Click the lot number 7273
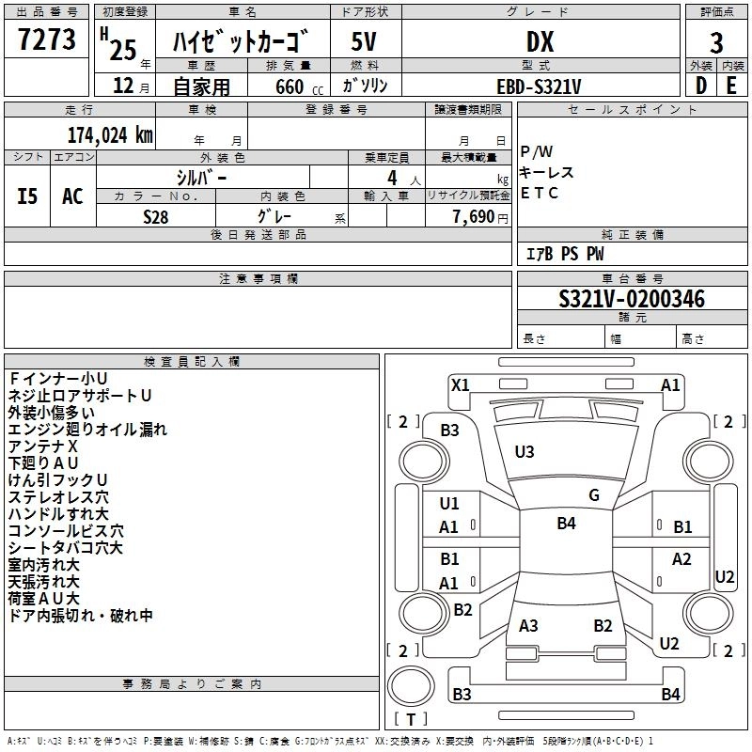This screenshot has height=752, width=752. [x=46, y=39]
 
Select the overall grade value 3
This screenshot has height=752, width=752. [x=716, y=43]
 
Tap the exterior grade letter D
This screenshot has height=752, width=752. [x=701, y=86]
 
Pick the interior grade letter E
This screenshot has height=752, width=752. [x=731, y=86]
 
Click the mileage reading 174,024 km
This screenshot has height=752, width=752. [x=110, y=135]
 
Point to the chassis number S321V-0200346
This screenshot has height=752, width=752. [x=632, y=299]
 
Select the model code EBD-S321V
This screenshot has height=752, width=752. [x=539, y=86]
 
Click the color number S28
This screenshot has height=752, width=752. [x=155, y=217]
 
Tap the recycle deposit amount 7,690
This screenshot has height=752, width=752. [x=473, y=217]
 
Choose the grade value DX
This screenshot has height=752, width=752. [x=540, y=41]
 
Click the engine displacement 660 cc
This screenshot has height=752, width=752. [x=299, y=86]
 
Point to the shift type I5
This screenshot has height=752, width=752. [x=27, y=196]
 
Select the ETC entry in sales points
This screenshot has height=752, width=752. [x=539, y=193]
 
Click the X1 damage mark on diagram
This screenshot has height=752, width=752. [x=460, y=385]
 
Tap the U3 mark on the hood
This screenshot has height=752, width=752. [x=525, y=452]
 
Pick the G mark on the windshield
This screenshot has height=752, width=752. [x=594, y=495]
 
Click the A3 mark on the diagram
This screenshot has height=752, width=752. [x=528, y=626]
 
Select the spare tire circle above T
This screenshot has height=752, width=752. [x=411, y=686]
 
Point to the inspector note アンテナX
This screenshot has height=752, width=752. [x=42, y=446]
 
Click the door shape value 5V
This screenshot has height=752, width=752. [x=364, y=41]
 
